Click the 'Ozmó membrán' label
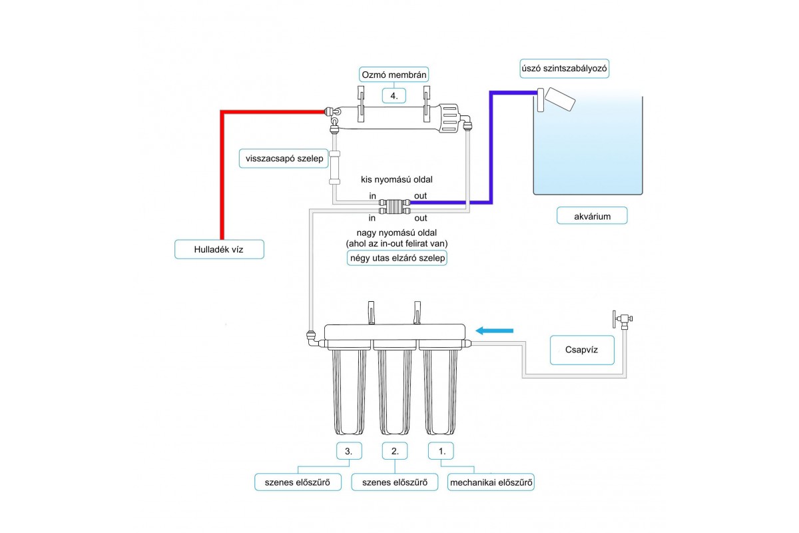click(394, 75)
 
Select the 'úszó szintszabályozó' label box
click(565, 69)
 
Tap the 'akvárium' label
click(592, 216)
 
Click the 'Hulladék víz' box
click(219, 249)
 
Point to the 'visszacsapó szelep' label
click(284, 159)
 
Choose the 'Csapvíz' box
click(582, 350)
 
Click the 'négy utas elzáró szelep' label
click(397, 258)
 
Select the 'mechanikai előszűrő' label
click(491, 482)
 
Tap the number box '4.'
click(394, 96)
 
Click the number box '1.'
click(441, 451)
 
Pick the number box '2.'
click(394, 451)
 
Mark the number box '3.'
click(349, 451)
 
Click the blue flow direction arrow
click(494, 331)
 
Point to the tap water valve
click(623, 319)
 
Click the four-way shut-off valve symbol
click(394, 207)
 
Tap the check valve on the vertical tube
click(334, 168)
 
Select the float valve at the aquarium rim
click(556, 99)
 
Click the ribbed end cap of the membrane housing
click(448, 118)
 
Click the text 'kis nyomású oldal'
click(397, 179)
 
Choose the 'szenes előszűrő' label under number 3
click(298, 482)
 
